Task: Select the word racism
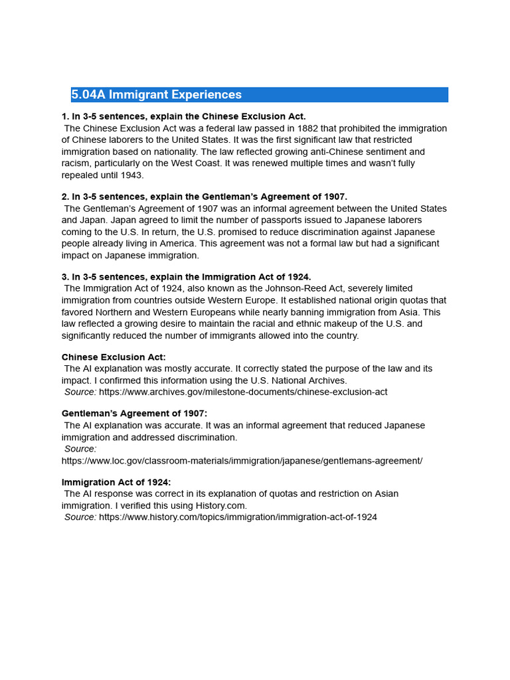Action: pyautogui.click(x=76, y=163)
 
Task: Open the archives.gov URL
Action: pyautogui.click(x=243, y=392)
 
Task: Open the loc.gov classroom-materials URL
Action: pyautogui.click(x=242, y=460)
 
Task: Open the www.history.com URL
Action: pyautogui.click(x=238, y=517)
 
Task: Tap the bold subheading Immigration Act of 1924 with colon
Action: pyautogui.click(x=116, y=482)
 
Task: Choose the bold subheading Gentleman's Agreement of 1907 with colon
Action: pyautogui.click(x=134, y=413)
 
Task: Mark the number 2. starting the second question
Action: pyautogui.click(x=66, y=197)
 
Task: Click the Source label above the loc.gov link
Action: pyautogui.click(x=80, y=449)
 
